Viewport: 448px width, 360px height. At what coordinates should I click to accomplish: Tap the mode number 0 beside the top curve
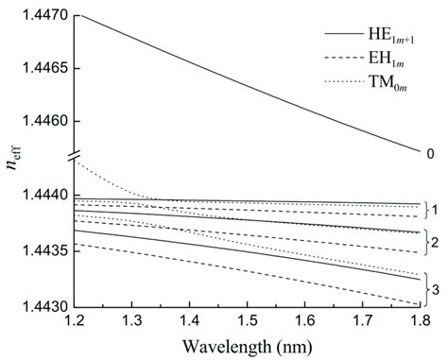431,152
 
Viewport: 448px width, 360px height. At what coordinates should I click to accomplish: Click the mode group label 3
438,289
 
